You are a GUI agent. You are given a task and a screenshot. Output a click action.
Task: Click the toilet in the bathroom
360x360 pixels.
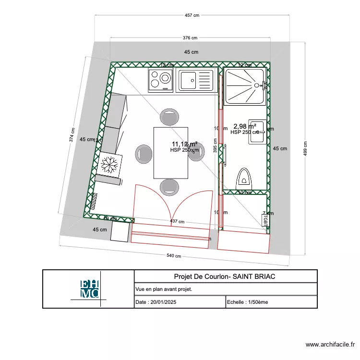coord(244,179)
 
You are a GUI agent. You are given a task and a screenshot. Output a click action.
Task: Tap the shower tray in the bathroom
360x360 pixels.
coord(245,86)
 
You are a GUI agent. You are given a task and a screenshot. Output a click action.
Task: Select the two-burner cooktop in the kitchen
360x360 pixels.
coord(160,80)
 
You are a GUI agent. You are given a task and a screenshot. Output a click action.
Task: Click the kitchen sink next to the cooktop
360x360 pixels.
coord(195,80)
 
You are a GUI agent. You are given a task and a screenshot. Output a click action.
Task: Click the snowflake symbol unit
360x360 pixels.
coord(109,165)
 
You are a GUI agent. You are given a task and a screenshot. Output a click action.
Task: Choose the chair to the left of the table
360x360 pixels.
coord(143,153)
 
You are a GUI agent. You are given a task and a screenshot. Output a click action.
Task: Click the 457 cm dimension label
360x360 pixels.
coord(192,15)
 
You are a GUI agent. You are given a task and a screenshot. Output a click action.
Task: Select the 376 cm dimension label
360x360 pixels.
coord(190,37)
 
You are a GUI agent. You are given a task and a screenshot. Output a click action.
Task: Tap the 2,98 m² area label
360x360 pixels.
coord(245,127)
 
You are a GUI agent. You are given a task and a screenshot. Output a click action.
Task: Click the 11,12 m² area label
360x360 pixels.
coord(185,144)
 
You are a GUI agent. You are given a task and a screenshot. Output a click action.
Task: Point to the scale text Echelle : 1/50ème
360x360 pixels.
coord(248,302)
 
